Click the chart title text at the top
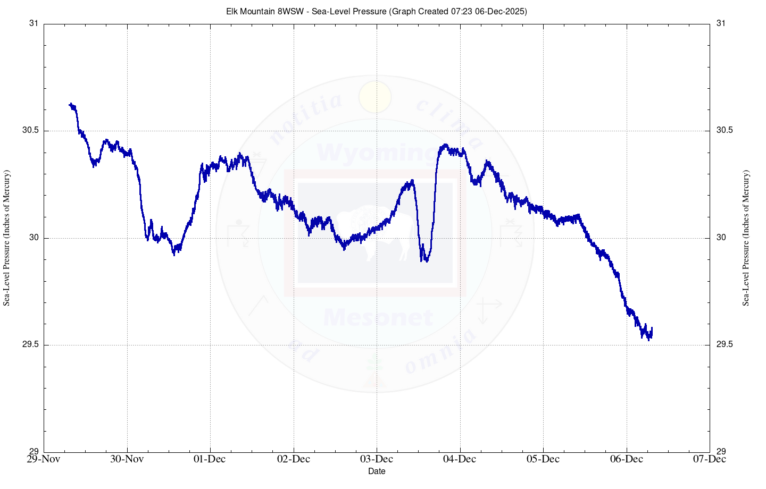pyautogui.click(x=376, y=11)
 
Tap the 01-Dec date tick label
pyautogui.click(x=210, y=459)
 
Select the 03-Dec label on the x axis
pyautogui.click(x=377, y=459)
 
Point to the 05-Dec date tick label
pyautogui.click(x=543, y=459)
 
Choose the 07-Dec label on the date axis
pyautogui.click(x=710, y=459)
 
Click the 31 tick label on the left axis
pyautogui.click(x=34, y=23)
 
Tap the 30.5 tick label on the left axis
pyautogui.click(x=30, y=131)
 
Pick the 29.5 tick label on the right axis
pyautogui.click(x=725, y=344)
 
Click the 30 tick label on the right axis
pyautogui.click(x=721, y=237)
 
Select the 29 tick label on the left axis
pyautogui.click(x=34, y=452)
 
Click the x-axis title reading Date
pyautogui.click(x=377, y=471)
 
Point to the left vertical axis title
pyautogui.click(x=7, y=238)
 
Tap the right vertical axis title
pyautogui.click(x=746, y=238)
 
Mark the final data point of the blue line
pyautogui.click(x=652, y=328)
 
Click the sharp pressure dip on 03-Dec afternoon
pyautogui.click(x=424, y=259)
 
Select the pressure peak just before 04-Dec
pyautogui.click(x=445, y=146)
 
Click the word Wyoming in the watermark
pyautogui.click(x=377, y=153)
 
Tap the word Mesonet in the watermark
pyautogui.click(x=378, y=318)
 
